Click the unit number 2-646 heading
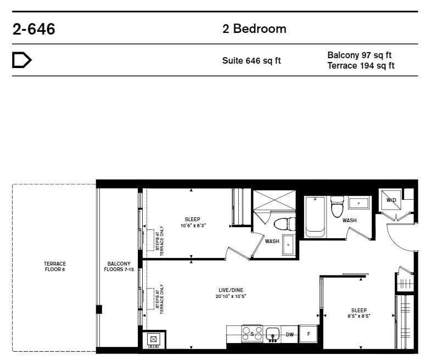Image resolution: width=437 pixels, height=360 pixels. point(33,29)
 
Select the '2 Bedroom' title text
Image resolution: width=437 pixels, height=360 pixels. point(254,29)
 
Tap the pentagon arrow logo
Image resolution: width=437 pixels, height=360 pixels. point(22,60)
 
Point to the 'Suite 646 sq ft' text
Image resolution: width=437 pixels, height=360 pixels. point(251,60)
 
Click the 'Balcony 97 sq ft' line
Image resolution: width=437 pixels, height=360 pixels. point(359,55)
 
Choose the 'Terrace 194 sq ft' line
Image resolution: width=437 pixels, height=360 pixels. point(361,65)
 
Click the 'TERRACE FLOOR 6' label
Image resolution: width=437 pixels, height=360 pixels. point(55,266)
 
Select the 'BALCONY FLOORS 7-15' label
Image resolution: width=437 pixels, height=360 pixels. point(119,266)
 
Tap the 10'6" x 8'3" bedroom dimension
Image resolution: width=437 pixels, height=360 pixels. point(193,226)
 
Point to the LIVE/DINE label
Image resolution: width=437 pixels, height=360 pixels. point(231,290)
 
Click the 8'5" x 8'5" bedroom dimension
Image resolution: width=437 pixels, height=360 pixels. point(358,316)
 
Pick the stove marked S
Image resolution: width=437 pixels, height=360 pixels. point(252,334)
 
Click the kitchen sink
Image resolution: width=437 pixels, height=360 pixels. point(272,334)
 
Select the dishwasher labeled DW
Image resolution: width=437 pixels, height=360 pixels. point(289,334)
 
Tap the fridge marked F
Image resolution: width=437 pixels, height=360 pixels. point(308,334)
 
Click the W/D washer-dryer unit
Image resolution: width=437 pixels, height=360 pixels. point(391,200)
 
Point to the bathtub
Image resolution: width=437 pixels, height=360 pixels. point(315,217)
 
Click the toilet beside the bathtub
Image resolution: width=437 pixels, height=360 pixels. point(337,206)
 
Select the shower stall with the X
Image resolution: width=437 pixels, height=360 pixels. point(274,200)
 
